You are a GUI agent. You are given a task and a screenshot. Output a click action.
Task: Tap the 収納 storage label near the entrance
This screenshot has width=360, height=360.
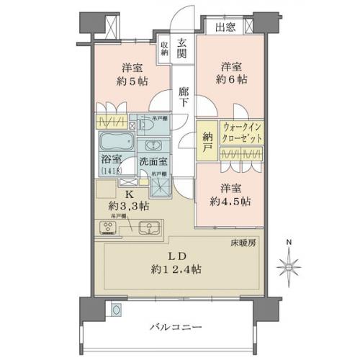pos(165,48)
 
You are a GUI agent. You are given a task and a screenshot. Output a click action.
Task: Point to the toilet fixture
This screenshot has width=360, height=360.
pos(149,127)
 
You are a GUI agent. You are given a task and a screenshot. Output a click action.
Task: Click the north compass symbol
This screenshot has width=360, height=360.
pos(290,267)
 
